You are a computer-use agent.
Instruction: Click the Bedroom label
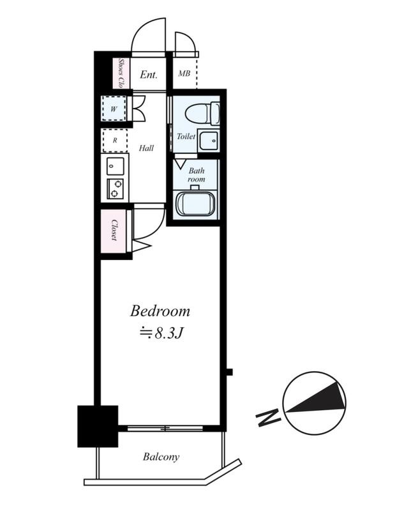(160, 311)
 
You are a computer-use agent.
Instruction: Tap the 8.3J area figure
(168, 333)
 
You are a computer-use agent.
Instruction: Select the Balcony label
(161, 457)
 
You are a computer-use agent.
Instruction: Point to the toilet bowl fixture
(202, 114)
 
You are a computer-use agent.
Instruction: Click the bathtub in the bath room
(195, 203)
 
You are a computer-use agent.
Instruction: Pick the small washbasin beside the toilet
(209, 141)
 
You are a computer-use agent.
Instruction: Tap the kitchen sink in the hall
(116, 166)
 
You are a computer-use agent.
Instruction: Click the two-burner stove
(115, 189)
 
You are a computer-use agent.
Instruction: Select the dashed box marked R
(115, 141)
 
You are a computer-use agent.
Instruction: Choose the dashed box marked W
(114, 109)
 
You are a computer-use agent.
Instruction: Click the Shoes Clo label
(121, 73)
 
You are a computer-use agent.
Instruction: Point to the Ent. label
(149, 75)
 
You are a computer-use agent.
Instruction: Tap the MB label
(184, 73)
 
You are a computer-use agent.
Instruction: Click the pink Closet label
(114, 230)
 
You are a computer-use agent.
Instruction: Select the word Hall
(146, 148)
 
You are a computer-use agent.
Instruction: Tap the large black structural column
(98, 426)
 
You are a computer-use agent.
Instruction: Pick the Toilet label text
(186, 136)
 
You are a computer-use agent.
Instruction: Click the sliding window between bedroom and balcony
(165, 428)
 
